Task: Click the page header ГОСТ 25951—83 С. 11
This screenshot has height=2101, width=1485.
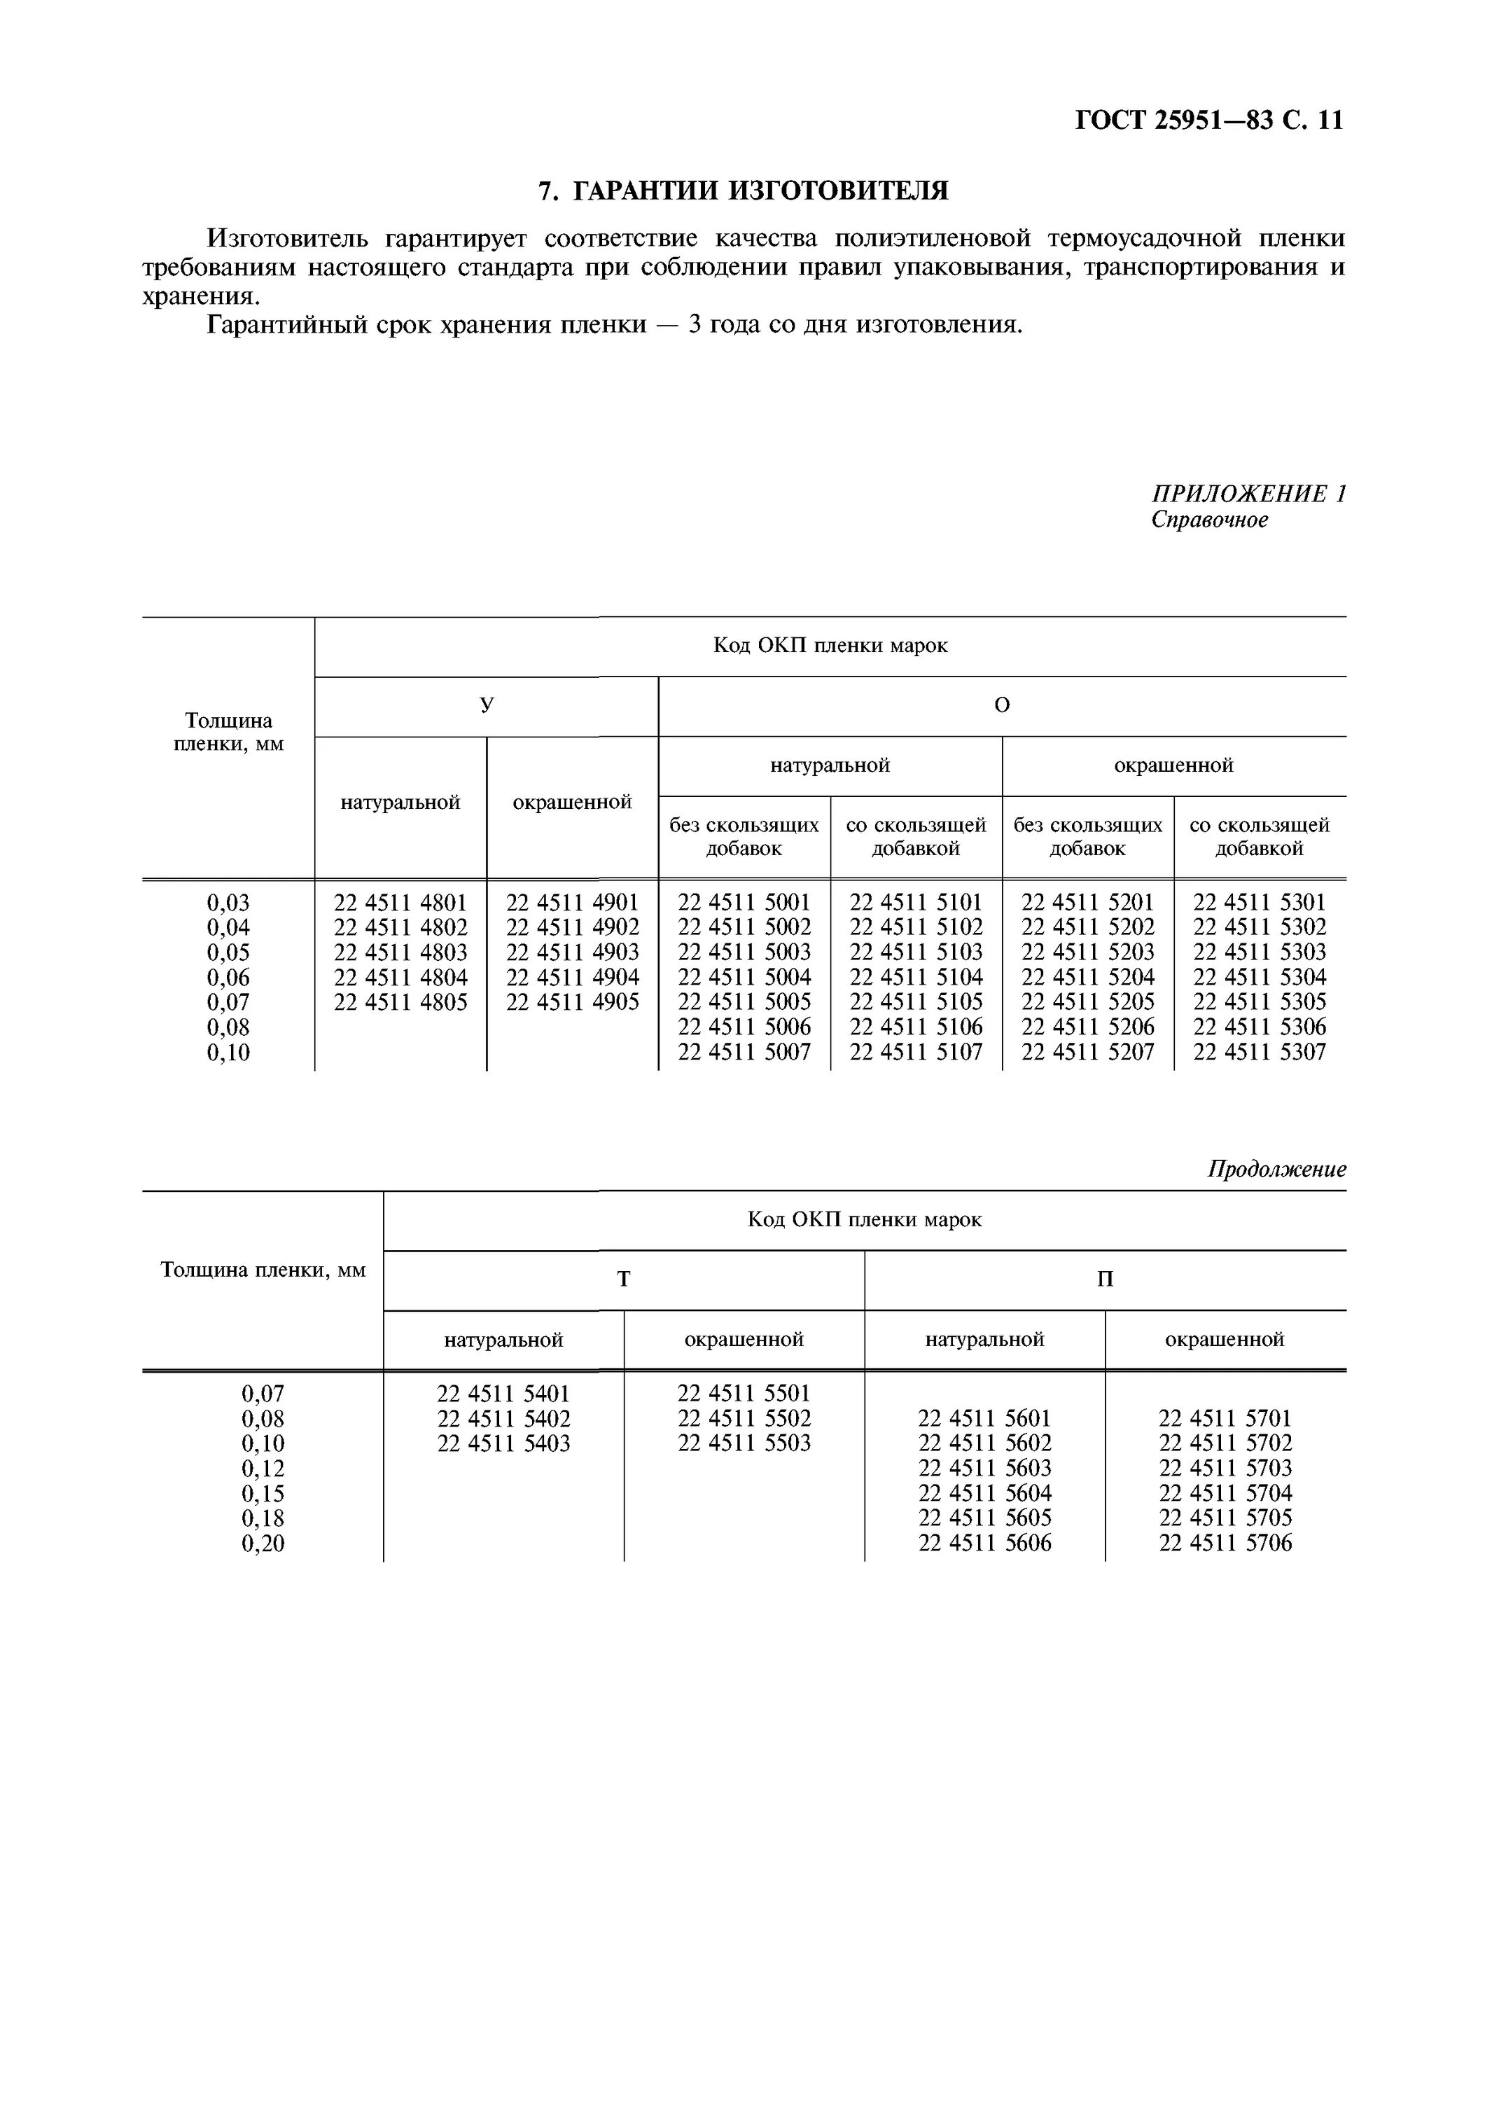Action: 1208,120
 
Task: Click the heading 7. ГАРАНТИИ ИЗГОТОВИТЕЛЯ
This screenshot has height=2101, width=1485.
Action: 743,190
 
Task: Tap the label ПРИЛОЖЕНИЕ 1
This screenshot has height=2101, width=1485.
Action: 1248,494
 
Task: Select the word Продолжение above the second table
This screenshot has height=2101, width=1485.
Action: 1276,1170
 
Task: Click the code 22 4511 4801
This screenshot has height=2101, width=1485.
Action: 400,902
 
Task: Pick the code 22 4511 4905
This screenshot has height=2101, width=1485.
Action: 572,1002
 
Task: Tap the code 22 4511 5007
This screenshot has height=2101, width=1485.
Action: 744,1053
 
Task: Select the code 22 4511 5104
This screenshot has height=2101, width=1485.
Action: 916,977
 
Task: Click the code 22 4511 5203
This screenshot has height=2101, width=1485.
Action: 1088,952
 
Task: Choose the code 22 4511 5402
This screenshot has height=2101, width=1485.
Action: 503,1420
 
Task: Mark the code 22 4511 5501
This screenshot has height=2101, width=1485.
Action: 744,1394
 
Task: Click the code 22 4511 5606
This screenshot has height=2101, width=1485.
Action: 984,1544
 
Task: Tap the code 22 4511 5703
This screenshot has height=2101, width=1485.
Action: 1225,1469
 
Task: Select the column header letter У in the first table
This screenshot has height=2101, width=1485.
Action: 486,705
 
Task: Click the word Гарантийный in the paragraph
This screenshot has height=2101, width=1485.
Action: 287,325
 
